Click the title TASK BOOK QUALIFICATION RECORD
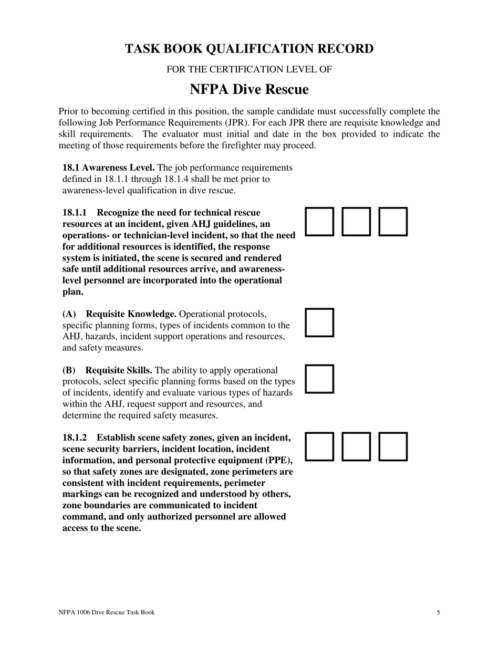(x=249, y=49)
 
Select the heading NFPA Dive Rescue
(x=249, y=89)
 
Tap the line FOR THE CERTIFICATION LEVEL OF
(x=249, y=69)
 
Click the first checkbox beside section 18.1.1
(x=319, y=221)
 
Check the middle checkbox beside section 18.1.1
(x=356, y=221)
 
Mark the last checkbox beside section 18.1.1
(x=393, y=221)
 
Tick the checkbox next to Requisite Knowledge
(x=319, y=322)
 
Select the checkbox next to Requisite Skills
(x=319, y=379)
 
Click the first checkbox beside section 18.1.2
(x=319, y=446)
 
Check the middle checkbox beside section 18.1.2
(x=356, y=446)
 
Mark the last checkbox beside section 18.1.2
(x=393, y=446)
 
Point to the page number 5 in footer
(x=438, y=612)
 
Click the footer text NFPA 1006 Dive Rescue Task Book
(x=107, y=612)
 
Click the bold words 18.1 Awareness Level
(x=108, y=168)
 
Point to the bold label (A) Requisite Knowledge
(x=119, y=314)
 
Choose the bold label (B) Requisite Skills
(x=107, y=370)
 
